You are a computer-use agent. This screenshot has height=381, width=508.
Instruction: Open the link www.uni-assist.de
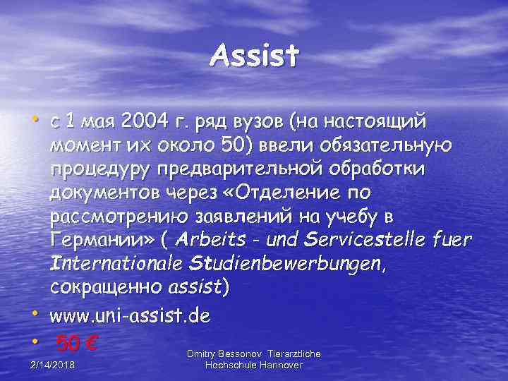(x=130, y=315)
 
